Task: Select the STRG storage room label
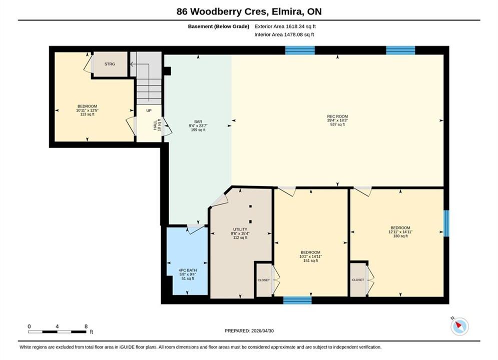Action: tap(110, 64)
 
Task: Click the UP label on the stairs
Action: tap(149, 110)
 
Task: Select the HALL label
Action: tap(155, 125)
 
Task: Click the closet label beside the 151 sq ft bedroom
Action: tap(264, 280)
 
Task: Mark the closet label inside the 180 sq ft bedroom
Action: tap(358, 280)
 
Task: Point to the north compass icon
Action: tap(459, 325)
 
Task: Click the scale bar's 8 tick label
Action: tap(86, 326)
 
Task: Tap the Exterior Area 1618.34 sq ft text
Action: tap(285, 26)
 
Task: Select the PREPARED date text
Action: tap(249, 331)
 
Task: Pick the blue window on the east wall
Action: tap(446, 223)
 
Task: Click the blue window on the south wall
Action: tap(297, 300)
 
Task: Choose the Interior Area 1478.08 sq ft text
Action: tap(284, 34)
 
